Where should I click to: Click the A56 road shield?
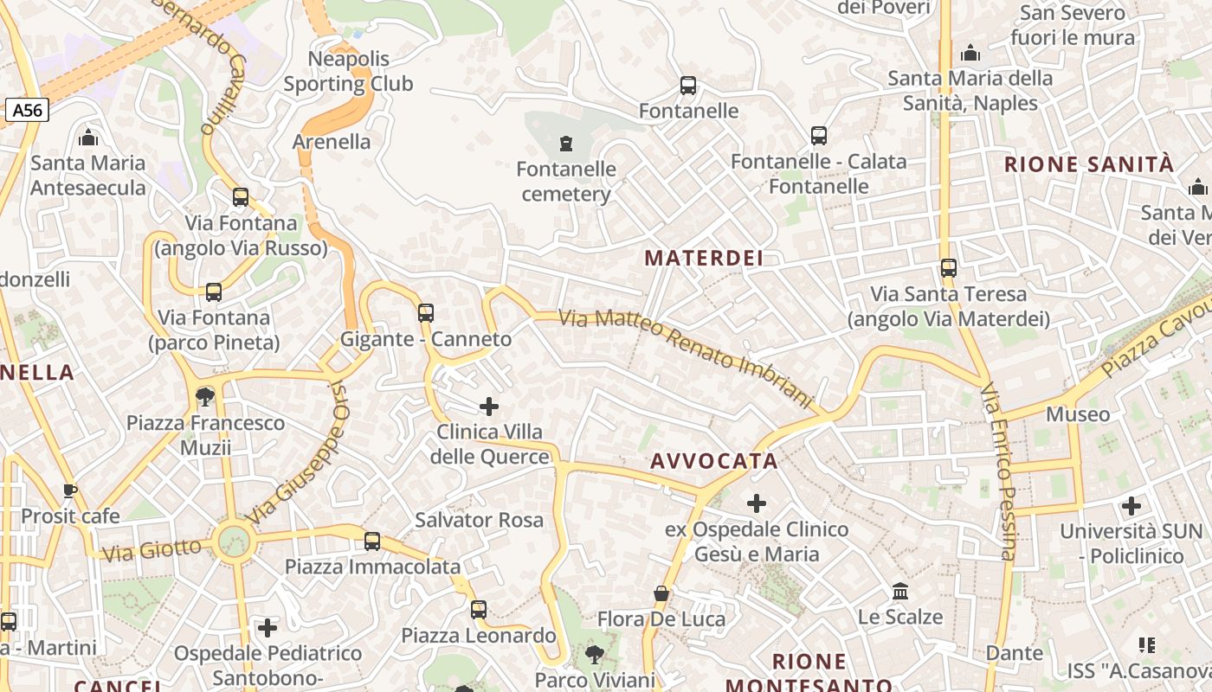[29, 110]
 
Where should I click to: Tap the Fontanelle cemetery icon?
[566, 143]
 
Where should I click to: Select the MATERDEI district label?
[704, 258]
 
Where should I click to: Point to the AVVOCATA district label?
[714, 461]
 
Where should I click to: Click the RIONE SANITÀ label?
[1089, 164]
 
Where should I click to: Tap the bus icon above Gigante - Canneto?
[425, 313]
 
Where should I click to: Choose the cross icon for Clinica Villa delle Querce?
[489, 406]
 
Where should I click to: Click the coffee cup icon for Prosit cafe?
[70, 491]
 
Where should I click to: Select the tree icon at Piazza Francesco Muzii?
[205, 397]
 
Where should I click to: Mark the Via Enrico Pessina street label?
[997, 471]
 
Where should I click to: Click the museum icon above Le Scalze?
[900, 592]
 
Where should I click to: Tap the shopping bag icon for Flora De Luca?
[661, 593]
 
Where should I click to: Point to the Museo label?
[1078, 414]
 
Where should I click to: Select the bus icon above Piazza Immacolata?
[372, 541]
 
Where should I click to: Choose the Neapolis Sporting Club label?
[348, 72]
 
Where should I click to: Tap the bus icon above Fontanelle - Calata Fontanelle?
[818, 136]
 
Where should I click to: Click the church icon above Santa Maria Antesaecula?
[88, 138]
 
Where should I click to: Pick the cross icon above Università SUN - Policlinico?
[1131, 505]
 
